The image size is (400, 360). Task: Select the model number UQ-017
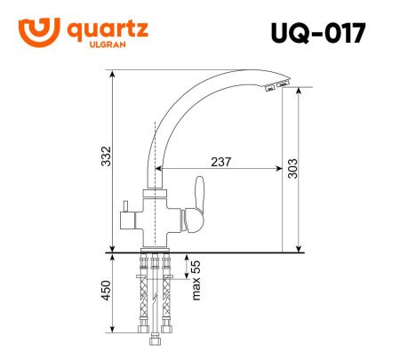click(318, 32)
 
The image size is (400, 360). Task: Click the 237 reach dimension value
click(221, 162)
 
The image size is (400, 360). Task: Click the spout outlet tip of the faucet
click(273, 87)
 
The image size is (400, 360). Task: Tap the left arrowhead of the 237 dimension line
click(158, 169)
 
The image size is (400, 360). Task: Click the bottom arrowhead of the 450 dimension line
click(114, 341)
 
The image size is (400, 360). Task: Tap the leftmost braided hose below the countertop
click(142, 298)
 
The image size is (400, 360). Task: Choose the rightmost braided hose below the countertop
click(169, 298)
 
